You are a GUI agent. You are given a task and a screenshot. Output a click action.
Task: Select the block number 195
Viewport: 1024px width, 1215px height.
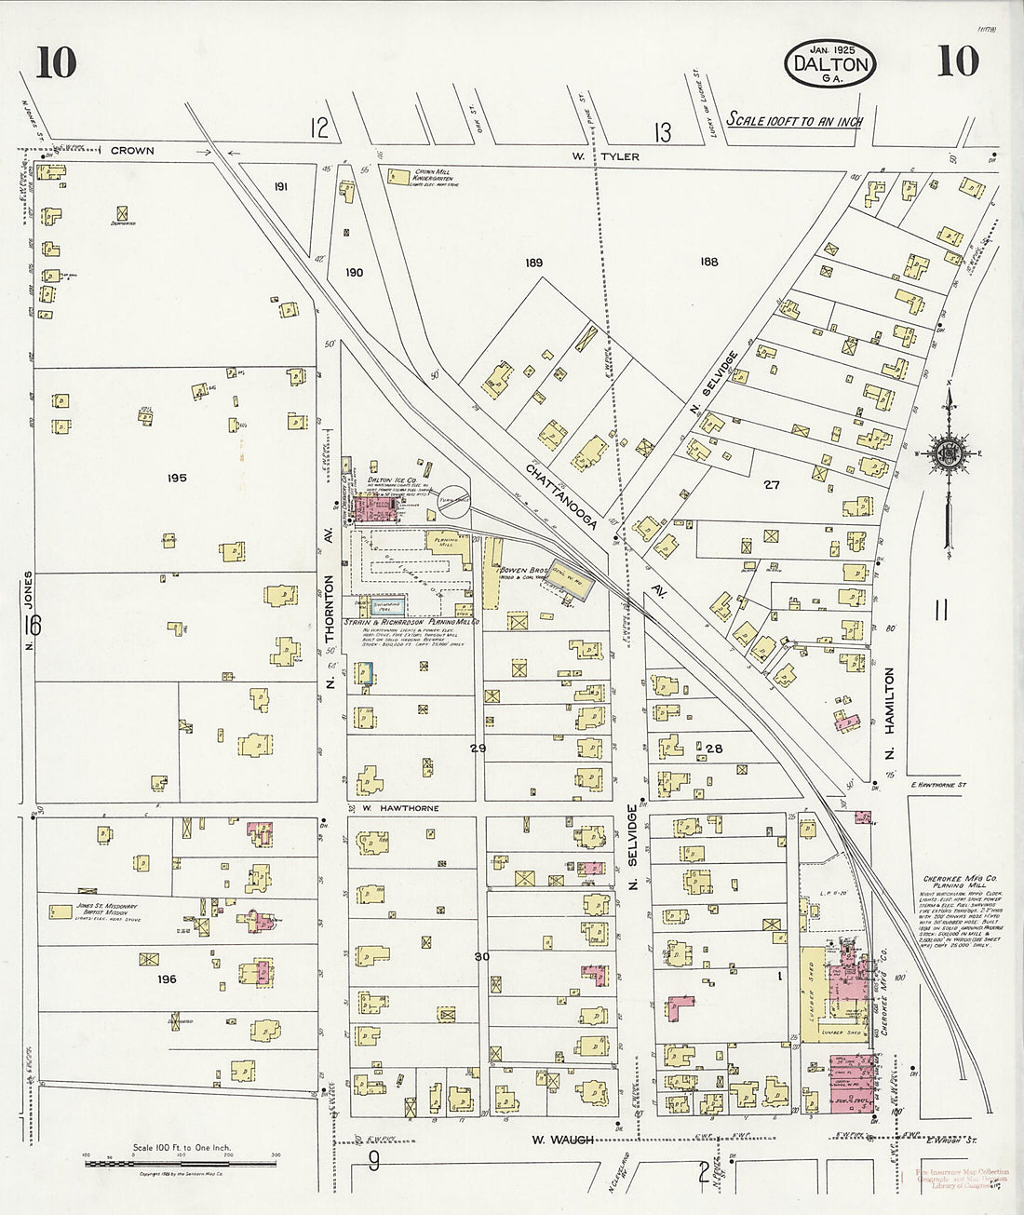[177, 478]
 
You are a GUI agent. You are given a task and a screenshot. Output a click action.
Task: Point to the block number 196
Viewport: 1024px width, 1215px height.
[167, 979]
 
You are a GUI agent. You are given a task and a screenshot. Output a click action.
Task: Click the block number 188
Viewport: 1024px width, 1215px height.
[708, 262]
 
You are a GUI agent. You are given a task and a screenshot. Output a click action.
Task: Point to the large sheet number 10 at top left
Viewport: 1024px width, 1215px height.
[57, 63]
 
